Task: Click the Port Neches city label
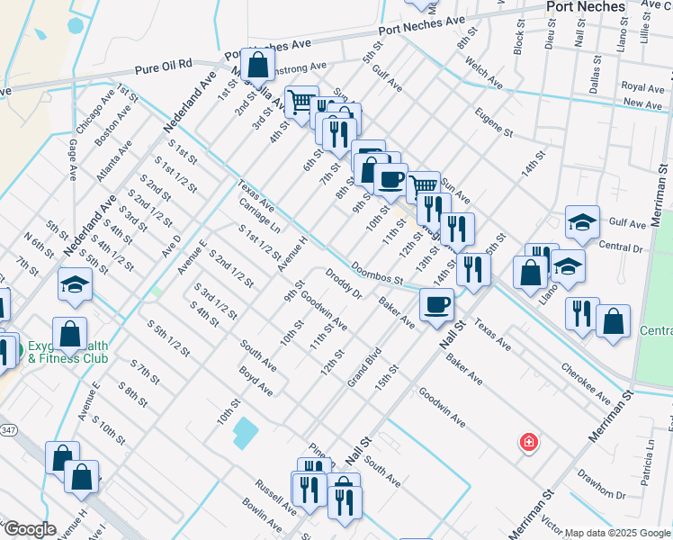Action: [x=586, y=7]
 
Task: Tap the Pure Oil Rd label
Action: [x=164, y=66]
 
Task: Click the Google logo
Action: [x=29, y=529]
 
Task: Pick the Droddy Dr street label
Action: [x=344, y=283]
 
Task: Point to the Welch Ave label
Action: [x=483, y=74]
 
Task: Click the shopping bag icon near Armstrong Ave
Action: [x=257, y=64]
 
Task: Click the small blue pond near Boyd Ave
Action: [x=244, y=432]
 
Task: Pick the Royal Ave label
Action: [x=642, y=88]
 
